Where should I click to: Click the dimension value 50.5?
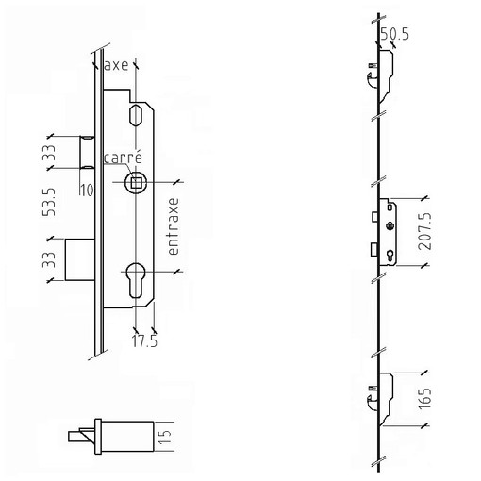395,34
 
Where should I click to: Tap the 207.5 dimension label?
424,231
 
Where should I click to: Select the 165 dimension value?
424,399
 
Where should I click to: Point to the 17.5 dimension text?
144,341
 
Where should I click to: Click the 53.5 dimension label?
49,202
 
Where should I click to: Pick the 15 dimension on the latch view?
165,437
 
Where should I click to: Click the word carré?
123,158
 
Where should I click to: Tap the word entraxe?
174,226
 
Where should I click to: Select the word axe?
116,65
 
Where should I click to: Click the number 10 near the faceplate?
87,191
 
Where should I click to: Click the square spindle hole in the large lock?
136,182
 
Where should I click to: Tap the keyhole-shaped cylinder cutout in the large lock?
136,280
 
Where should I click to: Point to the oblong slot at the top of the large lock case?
136,115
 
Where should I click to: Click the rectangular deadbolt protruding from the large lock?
80,259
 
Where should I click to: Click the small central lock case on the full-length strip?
388,232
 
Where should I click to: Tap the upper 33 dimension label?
49,153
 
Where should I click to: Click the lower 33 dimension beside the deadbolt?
49,259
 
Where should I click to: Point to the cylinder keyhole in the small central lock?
390,255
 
